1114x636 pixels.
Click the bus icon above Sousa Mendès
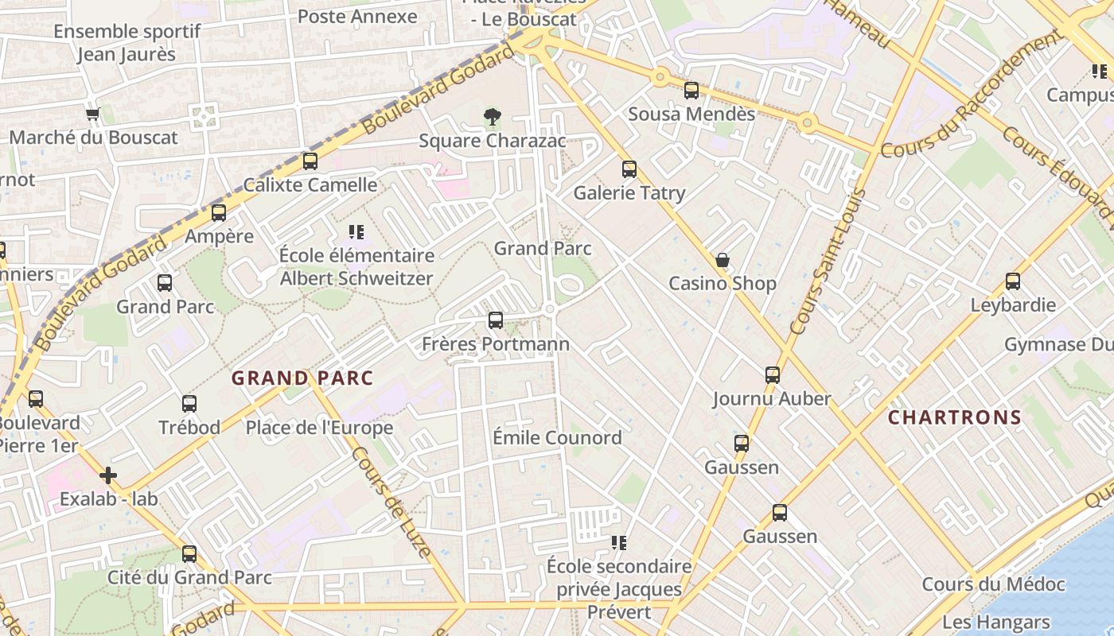pyautogui.click(x=691, y=91)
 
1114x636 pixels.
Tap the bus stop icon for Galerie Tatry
pyautogui.click(x=629, y=169)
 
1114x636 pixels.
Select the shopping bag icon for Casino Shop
pyautogui.click(x=723, y=260)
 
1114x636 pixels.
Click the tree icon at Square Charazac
pyautogui.click(x=493, y=118)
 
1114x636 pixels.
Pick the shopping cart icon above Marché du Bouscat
pyautogui.click(x=93, y=114)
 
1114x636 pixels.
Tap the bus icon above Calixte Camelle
pyautogui.click(x=310, y=161)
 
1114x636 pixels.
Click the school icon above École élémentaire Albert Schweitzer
pyautogui.click(x=356, y=232)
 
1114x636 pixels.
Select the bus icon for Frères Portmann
pyautogui.click(x=496, y=320)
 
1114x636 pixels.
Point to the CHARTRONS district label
pyautogui.click(x=955, y=417)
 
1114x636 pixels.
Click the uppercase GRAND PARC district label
pyautogui.click(x=302, y=378)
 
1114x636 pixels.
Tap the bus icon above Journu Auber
pyautogui.click(x=772, y=375)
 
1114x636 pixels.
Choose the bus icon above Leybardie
pyautogui.click(x=1013, y=281)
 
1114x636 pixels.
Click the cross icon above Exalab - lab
pyautogui.click(x=108, y=476)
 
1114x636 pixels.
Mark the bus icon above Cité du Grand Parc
pyautogui.click(x=189, y=554)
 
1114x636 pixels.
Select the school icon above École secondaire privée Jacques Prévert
pyautogui.click(x=619, y=543)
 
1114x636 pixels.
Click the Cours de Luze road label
pyautogui.click(x=390, y=501)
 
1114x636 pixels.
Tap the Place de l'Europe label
pyautogui.click(x=319, y=428)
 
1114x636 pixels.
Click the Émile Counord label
pyautogui.click(x=557, y=438)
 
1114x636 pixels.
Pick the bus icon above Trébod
pyautogui.click(x=189, y=404)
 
